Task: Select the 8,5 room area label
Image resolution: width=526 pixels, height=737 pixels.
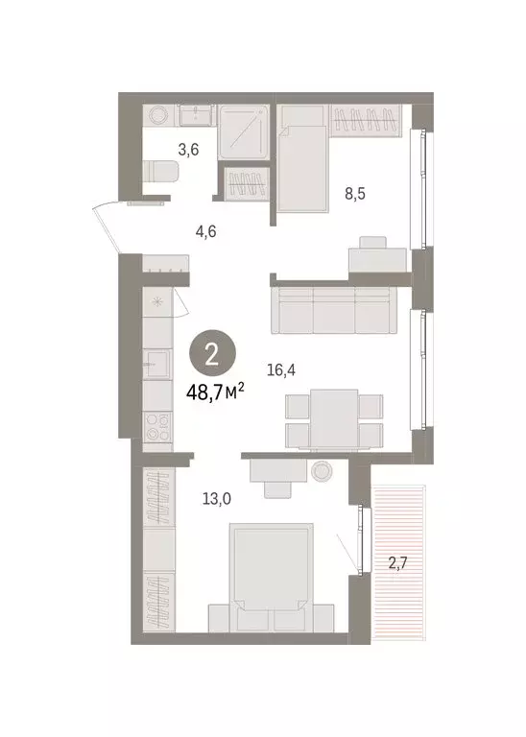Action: (x=356, y=193)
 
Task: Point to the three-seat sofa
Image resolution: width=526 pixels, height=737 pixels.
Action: (x=332, y=308)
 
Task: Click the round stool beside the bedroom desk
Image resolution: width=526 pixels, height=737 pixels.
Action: (x=320, y=470)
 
